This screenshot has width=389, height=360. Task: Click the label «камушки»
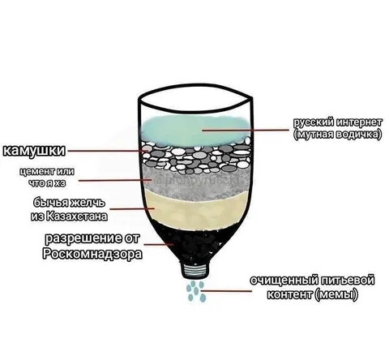pos(34,151)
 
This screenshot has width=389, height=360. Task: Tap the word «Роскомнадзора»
pos(92,254)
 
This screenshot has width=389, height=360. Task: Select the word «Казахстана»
pos(77,216)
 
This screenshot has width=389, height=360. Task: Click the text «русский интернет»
pos(338,122)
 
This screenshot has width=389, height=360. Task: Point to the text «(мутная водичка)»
pos(338,135)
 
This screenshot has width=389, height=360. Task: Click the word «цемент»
pos(36,171)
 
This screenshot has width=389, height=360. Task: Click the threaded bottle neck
pos(196,270)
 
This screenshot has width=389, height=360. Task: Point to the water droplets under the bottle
pos(196,291)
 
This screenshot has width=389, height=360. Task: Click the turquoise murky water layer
pos(195,130)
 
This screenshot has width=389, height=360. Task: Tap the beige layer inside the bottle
pos(197,209)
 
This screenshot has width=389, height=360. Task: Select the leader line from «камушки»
pos(108,151)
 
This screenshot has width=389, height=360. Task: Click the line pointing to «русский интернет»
pos(246,130)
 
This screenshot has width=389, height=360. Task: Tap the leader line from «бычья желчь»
pos(132,208)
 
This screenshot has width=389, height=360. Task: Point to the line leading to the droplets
pos(226,291)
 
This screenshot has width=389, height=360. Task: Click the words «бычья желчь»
pos(69,203)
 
